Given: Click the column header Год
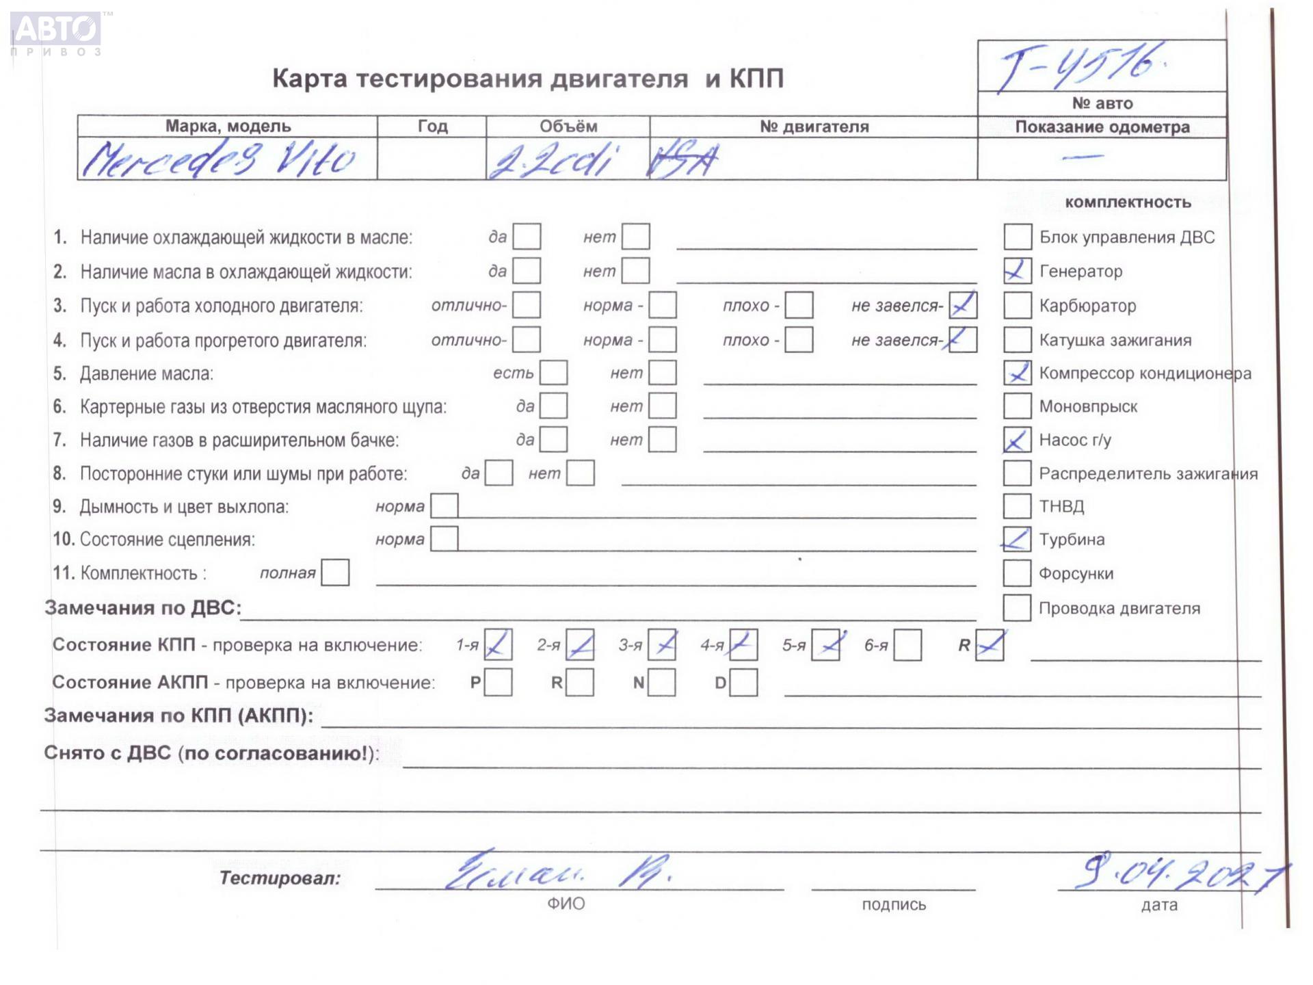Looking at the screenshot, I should coord(432,127).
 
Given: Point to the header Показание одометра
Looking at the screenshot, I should coord(1102,127).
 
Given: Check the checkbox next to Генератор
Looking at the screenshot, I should coord(1017,271).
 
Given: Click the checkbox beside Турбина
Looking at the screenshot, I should coord(1016,539).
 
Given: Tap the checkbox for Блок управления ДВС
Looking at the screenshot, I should coord(1017,237).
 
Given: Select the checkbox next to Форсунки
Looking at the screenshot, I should coord(1016,573).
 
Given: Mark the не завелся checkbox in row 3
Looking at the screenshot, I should coord(962,305).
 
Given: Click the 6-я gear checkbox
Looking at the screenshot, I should coord(907,645).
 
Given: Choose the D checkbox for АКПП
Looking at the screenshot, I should coord(743,682).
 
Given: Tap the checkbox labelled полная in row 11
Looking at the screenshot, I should coord(335,573).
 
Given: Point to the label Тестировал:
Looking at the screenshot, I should coord(280,878).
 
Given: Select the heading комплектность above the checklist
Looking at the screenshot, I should coord(1128,202).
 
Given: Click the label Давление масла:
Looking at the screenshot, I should coord(147,373).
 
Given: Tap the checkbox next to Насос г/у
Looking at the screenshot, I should coord(1016,439).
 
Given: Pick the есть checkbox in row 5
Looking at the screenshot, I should coord(553,373).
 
